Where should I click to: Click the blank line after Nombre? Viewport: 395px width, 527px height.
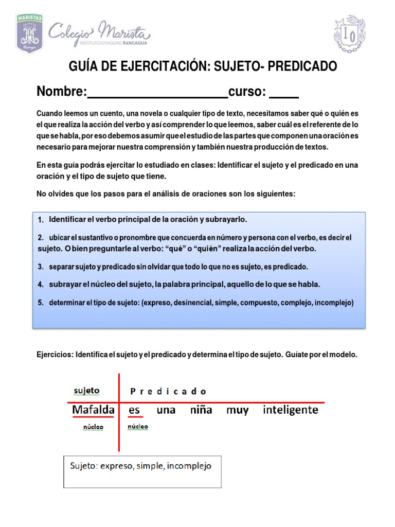pos(158,93)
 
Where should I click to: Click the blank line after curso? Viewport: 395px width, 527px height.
pos(284,93)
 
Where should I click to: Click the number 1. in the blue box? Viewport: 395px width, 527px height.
pos(41,220)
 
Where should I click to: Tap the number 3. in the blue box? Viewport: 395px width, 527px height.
pos(41,267)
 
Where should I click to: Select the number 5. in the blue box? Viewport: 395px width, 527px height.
pos(41,303)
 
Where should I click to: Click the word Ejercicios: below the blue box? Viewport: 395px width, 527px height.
pos(55,356)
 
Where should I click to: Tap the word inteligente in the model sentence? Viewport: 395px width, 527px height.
pos(290,410)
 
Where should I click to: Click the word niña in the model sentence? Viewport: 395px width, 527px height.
pos(201,410)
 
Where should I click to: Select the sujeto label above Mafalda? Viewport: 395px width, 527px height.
pos(86,391)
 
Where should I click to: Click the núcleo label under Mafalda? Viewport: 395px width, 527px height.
pos(93,427)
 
